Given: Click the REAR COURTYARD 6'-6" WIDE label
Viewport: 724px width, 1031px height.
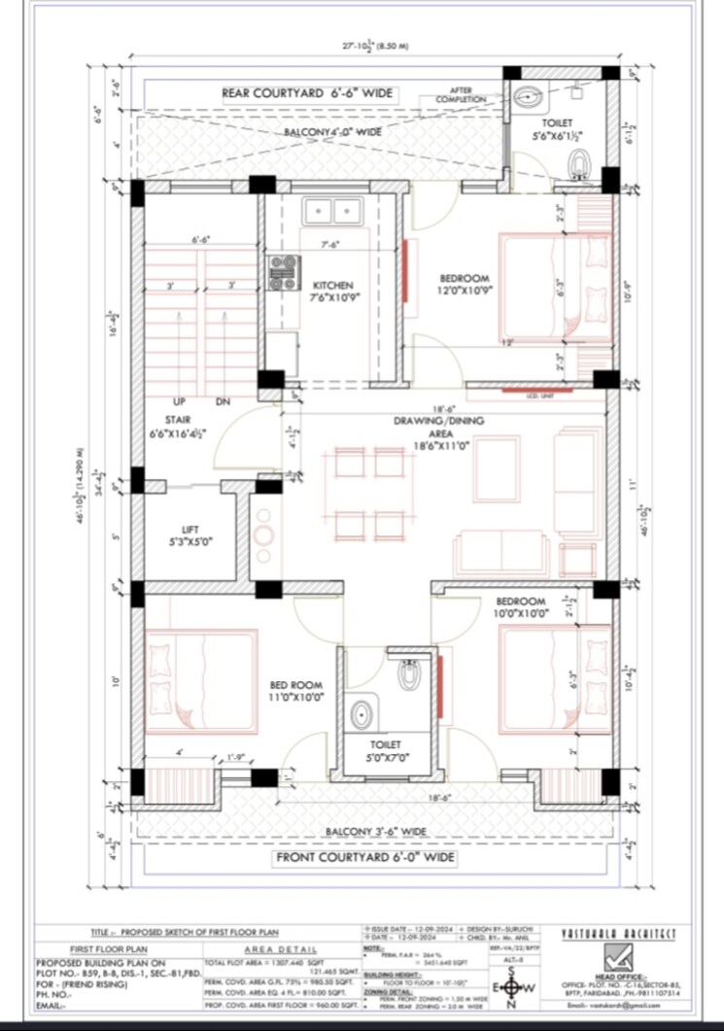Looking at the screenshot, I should [x=307, y=93].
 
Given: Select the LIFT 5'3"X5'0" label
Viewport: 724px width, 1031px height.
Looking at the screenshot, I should [x=190, y=535].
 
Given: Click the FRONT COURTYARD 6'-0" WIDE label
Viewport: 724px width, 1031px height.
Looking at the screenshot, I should [x=365, y=858].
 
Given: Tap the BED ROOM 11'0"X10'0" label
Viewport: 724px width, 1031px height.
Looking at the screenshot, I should [x=296, y=691].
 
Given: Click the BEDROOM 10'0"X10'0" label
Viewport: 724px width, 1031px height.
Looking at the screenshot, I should [x=521, y=607].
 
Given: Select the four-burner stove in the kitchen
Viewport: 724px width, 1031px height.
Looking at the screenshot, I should [x=283, y=272].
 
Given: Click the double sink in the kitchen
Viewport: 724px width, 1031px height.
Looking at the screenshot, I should [x=331, y=211].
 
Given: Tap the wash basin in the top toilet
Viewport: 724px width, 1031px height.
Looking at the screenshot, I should [x=530, y=96].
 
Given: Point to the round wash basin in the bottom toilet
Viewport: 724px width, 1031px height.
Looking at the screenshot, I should [x=362, y=715].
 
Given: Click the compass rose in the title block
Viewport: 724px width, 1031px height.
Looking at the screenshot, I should [x=512, y=989].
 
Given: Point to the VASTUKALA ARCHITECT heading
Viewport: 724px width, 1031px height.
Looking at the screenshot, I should [x=620, y=934].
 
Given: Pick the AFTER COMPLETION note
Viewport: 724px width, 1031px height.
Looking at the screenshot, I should [x=461, y=95].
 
